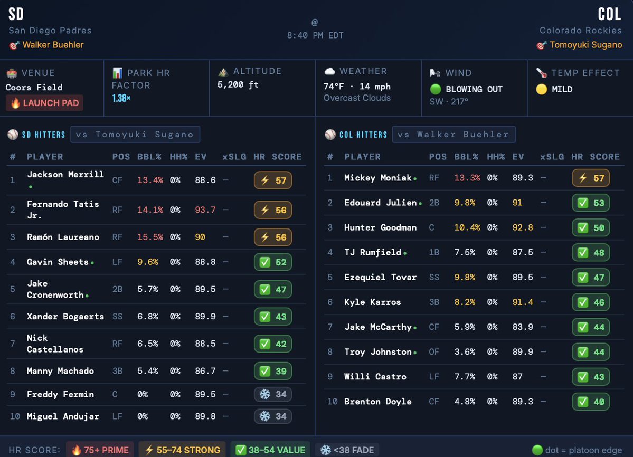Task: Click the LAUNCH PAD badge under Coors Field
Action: (x=44, y=103)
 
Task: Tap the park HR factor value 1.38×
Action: (x=121, y=98)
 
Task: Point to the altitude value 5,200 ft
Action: (x=238, y=84)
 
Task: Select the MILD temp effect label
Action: (x=562, y=89)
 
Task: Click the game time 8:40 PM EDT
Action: (x=315, y=35)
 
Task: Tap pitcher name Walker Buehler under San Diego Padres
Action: (x=53, y=45)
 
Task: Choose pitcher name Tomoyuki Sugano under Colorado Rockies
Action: (x=585, y=45)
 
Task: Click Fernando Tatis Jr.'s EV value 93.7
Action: (x=205, y=210)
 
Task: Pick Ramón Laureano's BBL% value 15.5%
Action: (x=150, y=237)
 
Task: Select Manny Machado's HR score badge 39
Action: (x=273, y=371)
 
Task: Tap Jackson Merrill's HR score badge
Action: (x=273, y=180)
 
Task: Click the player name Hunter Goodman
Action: (x=380, y=227)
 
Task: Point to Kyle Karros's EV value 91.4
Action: (x=523, y=302)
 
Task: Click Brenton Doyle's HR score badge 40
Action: (x=591, y=402)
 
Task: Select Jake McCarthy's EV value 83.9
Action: (x=523, y=327)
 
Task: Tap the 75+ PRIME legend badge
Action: (x=100, y=450)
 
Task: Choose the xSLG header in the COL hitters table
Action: (x=552, y=157)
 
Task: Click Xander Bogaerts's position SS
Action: (x=118, y=317)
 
